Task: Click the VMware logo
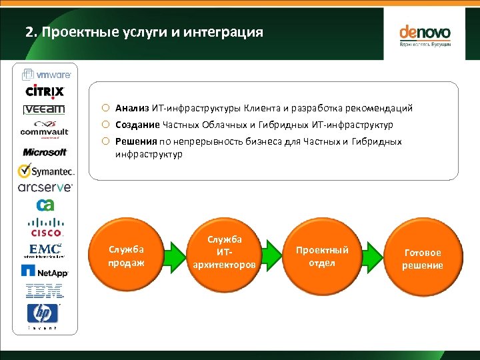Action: click(45, 75)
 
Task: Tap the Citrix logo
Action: click(45, 91)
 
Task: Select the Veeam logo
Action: click(44, 109)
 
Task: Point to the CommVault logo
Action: click(45, 129)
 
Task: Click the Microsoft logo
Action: click(45, 152)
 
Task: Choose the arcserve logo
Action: click(45, 188)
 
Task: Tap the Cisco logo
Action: click(46, 227)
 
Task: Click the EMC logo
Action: click(45, 251)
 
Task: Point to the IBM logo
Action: click(44, 290)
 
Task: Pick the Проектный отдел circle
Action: click(322, 256)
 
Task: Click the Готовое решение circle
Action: click(422, 259)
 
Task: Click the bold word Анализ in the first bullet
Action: click(132, 107)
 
